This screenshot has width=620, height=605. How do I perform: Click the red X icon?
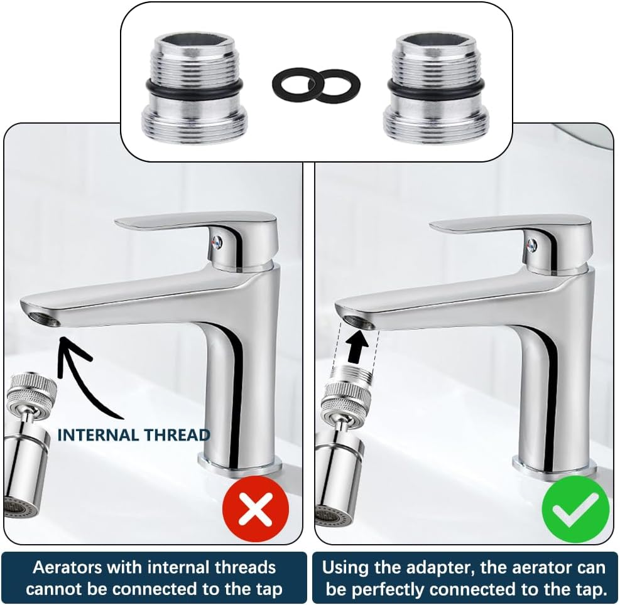[256, 509]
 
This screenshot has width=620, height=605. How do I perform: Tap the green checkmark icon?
[576, 509]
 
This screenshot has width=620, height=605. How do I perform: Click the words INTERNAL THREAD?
[133, 434]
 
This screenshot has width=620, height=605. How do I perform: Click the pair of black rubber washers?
[316, 85]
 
